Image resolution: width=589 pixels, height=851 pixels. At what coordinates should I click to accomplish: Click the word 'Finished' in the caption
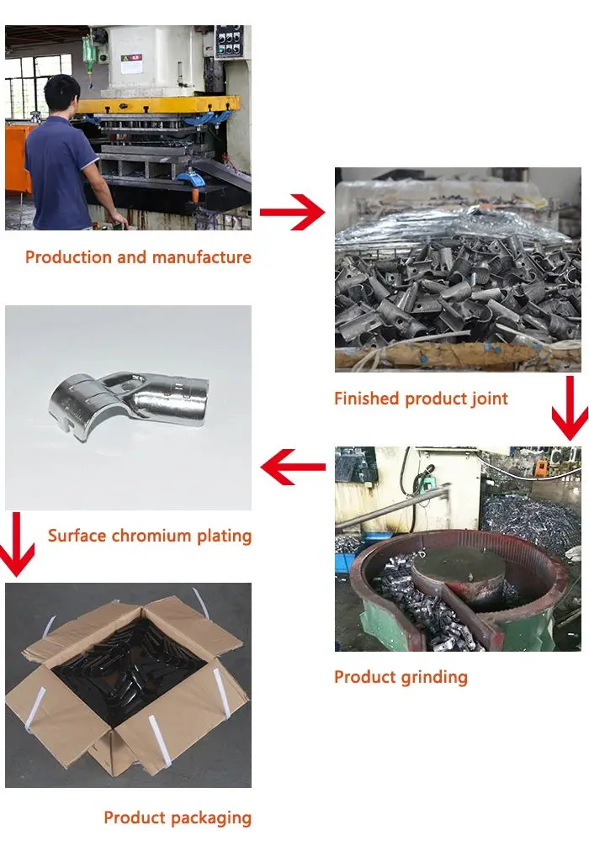(367, 399)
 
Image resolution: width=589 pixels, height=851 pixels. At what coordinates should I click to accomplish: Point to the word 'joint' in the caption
(489, 399)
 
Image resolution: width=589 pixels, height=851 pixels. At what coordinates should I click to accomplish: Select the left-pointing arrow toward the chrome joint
(292, 468)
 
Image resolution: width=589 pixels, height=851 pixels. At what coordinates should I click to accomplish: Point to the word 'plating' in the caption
(223, 536)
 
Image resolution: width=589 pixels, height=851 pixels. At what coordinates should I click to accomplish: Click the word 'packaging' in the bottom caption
(212, 817)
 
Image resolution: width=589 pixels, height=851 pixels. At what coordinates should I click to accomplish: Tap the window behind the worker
(34, 84)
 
